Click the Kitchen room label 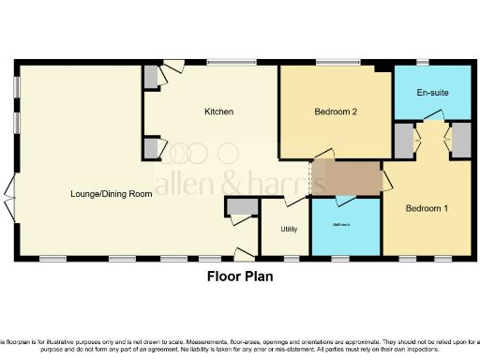click(218, 112)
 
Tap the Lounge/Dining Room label click(112, 194)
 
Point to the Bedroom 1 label click(426, 209)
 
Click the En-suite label click(430, 94)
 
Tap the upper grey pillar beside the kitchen click(151, 80)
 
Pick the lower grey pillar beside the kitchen click(151, 147)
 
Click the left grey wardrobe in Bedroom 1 click(403, 141)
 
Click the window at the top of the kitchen click(225, 64)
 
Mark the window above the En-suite click(424, 64)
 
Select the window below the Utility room click(292, 258)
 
